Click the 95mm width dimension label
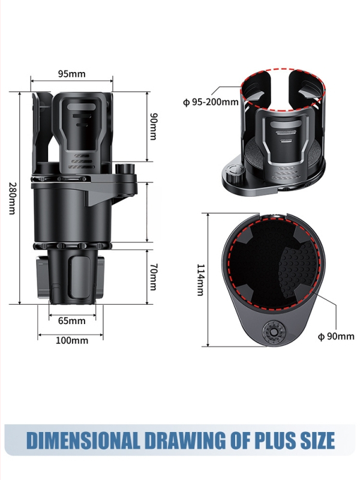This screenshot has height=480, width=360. click(x=71, y=74)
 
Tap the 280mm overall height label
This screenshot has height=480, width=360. click(x=12, y=199)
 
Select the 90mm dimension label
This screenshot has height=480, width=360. click(x=154, y=127)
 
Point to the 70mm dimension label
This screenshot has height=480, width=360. click(x=154, y=277)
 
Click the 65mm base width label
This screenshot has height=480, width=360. click(x=71, y=320)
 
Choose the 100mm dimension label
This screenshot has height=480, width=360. click(x=71, y=340)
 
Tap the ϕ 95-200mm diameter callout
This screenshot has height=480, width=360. click(x=211, y=101)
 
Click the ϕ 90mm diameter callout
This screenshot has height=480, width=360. click(x=336, y=336)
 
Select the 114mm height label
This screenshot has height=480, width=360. click(x=200, y=280)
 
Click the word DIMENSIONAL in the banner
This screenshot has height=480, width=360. click(x=83, y=440)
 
